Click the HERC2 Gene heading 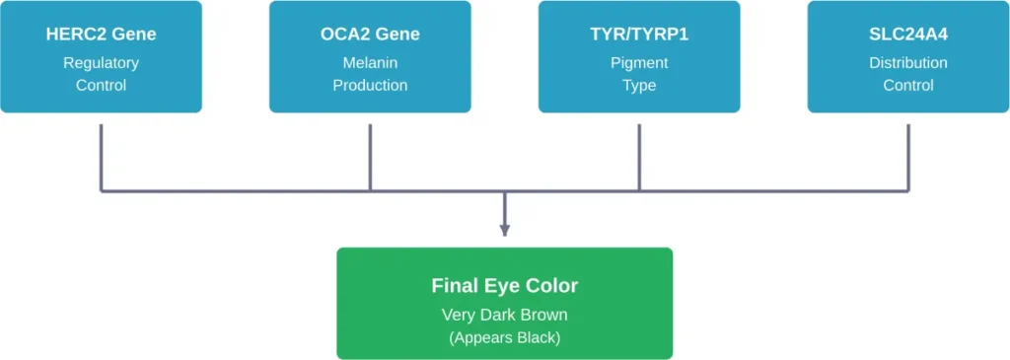[101, 35]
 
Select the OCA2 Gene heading [370, 35]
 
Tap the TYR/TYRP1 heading [639, 35]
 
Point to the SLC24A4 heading [907, 35]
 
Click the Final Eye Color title [504, 286]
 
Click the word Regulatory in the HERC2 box [101, 63]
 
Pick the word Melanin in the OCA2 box [370, 63]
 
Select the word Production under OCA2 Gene [370, 86]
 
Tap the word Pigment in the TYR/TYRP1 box [639, 63]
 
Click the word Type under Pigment [639, 86]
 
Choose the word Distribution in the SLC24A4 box [907, 63]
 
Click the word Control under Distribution [907, 86]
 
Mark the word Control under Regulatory [101, 86]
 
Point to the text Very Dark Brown [504, 316]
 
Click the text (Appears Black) [504, 337]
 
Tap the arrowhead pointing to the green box [504, 231]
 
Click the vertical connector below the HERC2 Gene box [101, 153]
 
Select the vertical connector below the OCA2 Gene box [370, 153]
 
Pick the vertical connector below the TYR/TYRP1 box [639, 153]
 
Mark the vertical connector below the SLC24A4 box [907, 153]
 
